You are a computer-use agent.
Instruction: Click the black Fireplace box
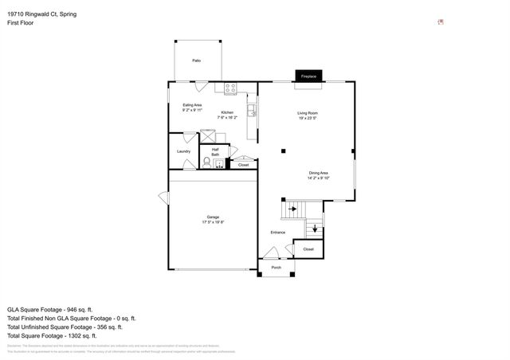coord(308,76)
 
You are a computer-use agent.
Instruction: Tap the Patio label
coord(196,61)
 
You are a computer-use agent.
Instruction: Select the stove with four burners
coord(230,88)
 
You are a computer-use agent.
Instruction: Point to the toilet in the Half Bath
coord(206,163)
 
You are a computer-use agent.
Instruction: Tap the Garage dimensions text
coord(213,222)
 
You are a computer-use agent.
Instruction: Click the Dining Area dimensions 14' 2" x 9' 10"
coord(319,178)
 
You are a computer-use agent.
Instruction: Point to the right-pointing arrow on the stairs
coord(293,209)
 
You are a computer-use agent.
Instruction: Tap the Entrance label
coord(277,232)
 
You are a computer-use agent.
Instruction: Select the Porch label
coord(276,268)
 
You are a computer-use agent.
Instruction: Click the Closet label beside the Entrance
coord(308,249)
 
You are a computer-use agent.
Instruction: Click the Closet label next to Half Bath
coord(243,165)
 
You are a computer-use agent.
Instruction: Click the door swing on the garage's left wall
coord(163,198)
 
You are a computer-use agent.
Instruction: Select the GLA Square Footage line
coord(50,309)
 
